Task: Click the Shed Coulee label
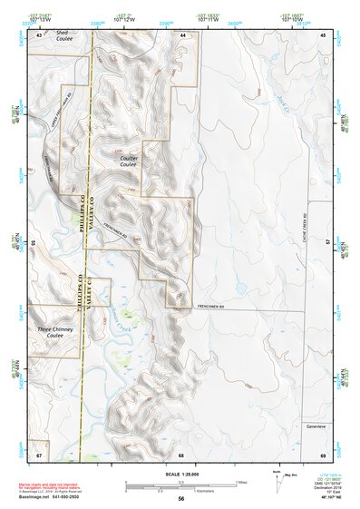pos(63,36)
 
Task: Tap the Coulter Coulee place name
pos(128,161)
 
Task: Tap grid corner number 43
pos(39,34)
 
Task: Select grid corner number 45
pos(323,34)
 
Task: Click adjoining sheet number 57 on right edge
pos(328,243)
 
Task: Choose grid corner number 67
pos(39,454)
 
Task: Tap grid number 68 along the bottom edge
pos(181,454)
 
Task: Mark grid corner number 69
pos(323,454)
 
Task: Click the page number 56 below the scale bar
pos(181,499)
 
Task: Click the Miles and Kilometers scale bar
pos(180,485)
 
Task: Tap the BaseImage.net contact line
pos(61,498)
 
